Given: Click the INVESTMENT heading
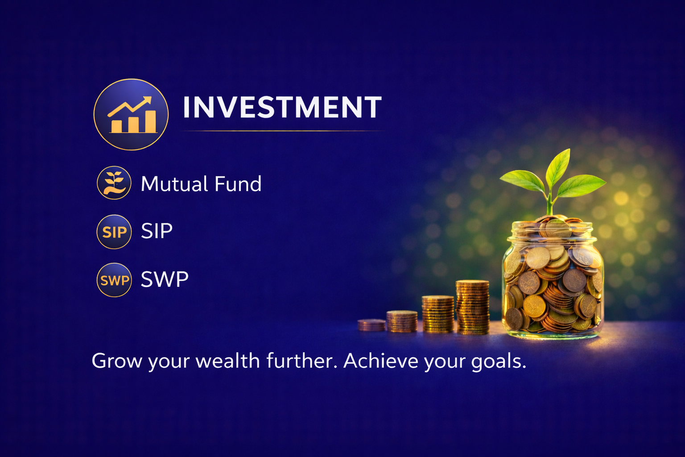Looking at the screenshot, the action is click(282, 107).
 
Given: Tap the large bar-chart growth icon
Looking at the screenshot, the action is click(131, 115).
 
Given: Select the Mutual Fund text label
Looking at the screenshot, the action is click(201, 184).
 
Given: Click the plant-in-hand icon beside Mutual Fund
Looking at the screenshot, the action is click(114, 183).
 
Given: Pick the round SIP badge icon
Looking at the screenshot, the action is click(114, 232).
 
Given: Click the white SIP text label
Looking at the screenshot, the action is click(157, 231).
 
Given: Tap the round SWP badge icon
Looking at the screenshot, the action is click(114, 280).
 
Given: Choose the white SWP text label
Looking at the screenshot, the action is click(165, 279).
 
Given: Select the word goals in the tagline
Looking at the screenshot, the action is click(499, 362).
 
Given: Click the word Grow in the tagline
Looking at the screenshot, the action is click(117, 361).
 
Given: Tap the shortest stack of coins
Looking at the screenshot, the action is click(371, 325).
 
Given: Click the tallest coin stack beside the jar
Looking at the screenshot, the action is click(472, 307).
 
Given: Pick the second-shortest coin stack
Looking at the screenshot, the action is click(402, 321).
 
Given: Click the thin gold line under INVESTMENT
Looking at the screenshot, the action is click(283, 131).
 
